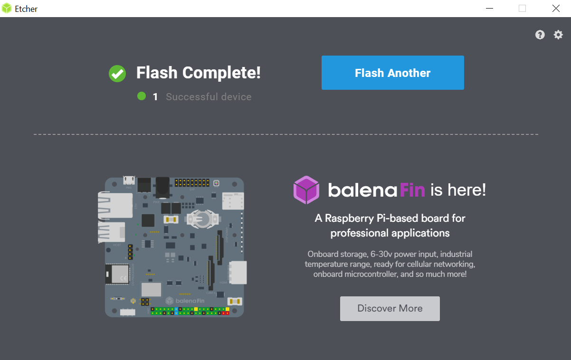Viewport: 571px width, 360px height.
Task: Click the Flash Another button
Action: pos(392,73)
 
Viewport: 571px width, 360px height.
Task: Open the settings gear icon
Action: pos(558,35)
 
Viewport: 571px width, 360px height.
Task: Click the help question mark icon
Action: pos(540,35)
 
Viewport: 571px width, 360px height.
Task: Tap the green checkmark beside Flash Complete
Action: pos(117,73)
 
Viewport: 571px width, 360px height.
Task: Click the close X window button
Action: pos(556,9)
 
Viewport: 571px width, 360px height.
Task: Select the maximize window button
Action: pos(522,9)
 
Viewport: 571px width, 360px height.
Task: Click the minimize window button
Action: pos(489,9)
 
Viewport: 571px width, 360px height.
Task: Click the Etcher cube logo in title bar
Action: pos(7,9)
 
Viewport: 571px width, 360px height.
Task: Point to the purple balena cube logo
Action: pos(306,190)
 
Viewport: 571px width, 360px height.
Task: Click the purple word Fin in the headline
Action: pos(412,190)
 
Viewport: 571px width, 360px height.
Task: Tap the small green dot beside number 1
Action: pos(142,96)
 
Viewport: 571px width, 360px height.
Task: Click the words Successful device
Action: pos(209,97)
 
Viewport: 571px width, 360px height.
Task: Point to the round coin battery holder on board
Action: pos(202,219)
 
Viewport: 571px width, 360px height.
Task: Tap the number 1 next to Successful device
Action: pos(155,97)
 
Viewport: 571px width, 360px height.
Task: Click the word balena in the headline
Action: pos(362,190)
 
